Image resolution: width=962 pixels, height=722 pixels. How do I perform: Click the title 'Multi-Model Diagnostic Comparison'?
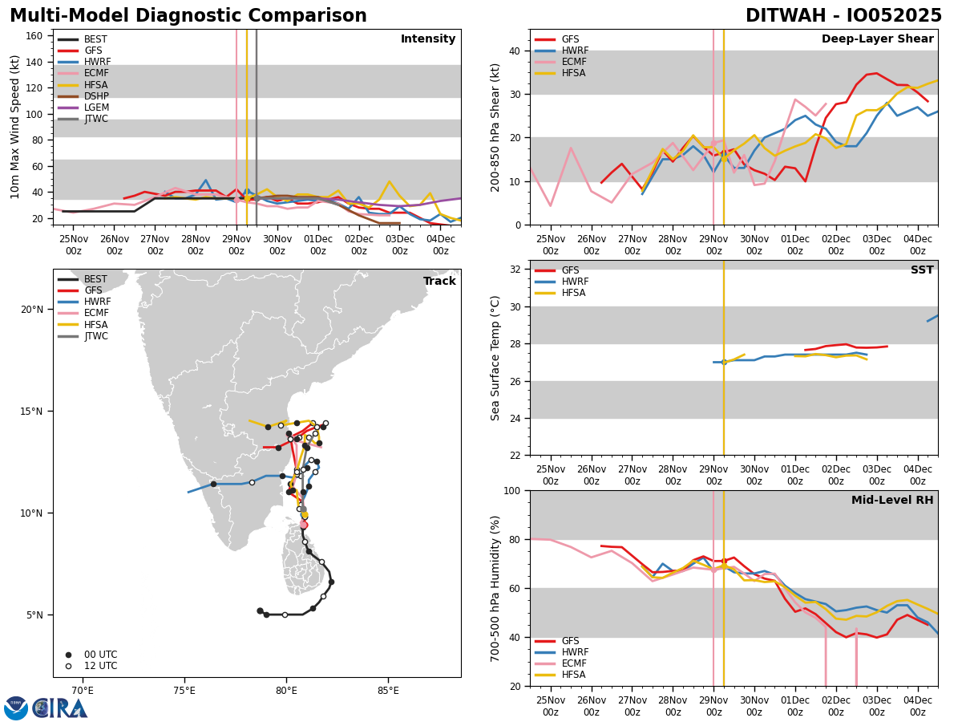tap(188, 16)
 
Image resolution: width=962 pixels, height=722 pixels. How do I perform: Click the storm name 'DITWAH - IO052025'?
tap(843, 16)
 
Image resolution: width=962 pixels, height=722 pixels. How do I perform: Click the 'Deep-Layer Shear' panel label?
tap(877, 39)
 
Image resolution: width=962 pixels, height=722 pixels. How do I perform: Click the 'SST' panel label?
tap(922, 270)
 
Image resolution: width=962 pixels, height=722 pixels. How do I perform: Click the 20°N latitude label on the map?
tap(32, 310)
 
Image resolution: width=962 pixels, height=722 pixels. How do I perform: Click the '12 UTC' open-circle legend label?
tap(100, 666)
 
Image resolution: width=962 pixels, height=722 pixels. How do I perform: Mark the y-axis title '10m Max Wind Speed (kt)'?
tap(15, 127)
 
